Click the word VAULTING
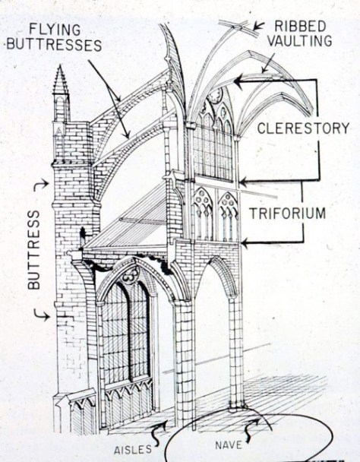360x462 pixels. pyautogui.click(x=301, y=41)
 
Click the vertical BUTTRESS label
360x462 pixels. pyautogui.click(x=33, y=251)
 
